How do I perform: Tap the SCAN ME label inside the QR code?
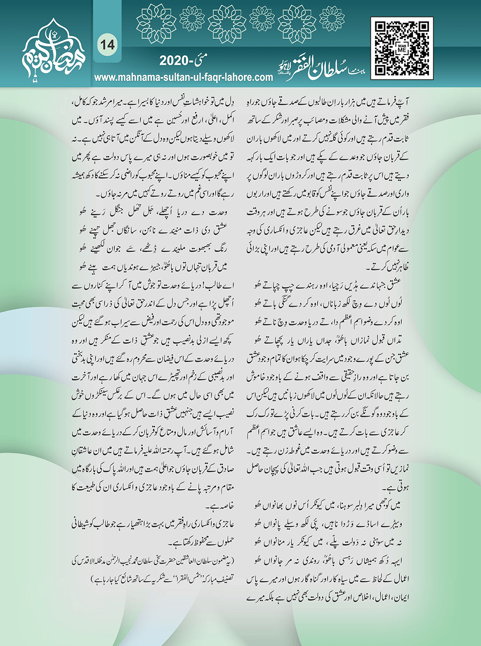coord(401,48)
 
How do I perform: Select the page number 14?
coord(106,45)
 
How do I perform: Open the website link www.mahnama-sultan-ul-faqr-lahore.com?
coord(183,77)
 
